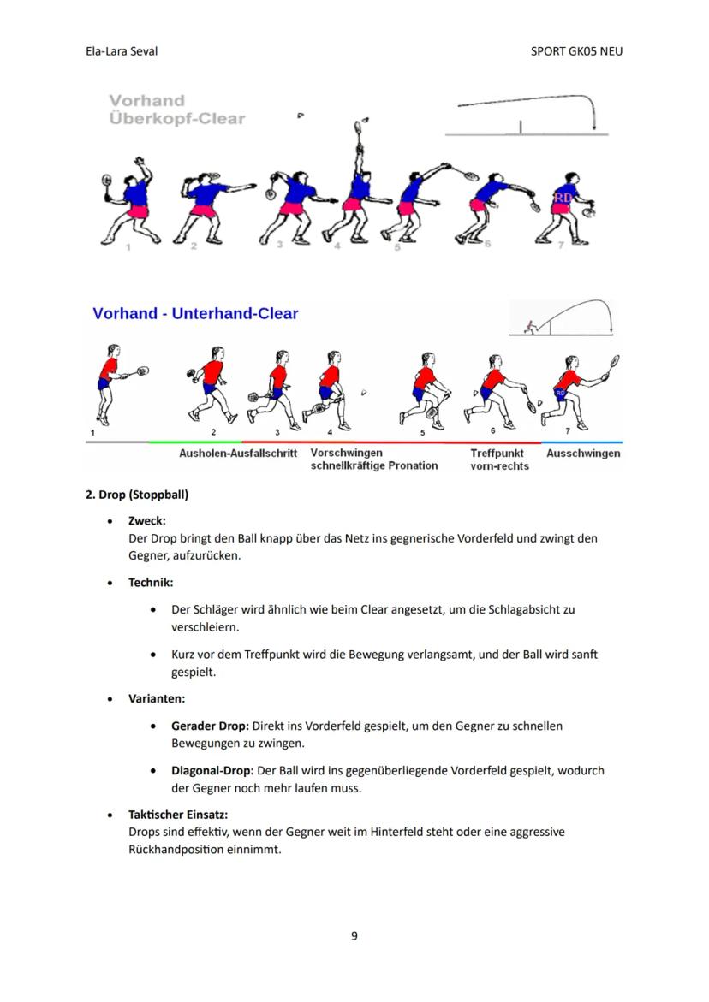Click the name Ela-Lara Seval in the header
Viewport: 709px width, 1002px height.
click(122, 51)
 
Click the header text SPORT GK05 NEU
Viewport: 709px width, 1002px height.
click(576, 51)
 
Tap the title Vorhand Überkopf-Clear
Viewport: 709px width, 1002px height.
click(176, 110)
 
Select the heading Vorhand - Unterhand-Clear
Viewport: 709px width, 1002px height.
click(195, 314)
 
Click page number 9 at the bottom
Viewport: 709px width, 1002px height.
click(354, 935)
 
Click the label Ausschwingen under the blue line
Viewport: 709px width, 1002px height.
click(583, 454)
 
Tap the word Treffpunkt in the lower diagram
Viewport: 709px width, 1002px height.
click(497, 454)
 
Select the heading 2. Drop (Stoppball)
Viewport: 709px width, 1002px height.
click(137, 495)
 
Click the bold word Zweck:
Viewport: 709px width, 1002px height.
click(147, 520)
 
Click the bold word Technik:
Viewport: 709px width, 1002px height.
click(151, 582)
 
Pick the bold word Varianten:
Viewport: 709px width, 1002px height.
click(157, 698)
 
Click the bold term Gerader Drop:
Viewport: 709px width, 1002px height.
click(210, 726)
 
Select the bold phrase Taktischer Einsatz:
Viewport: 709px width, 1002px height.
click(178, 815)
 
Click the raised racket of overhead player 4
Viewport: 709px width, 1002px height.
click(359, 130)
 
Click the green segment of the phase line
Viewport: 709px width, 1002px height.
click(194, 442)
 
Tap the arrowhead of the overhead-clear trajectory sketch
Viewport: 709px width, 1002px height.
click(593, 128)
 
